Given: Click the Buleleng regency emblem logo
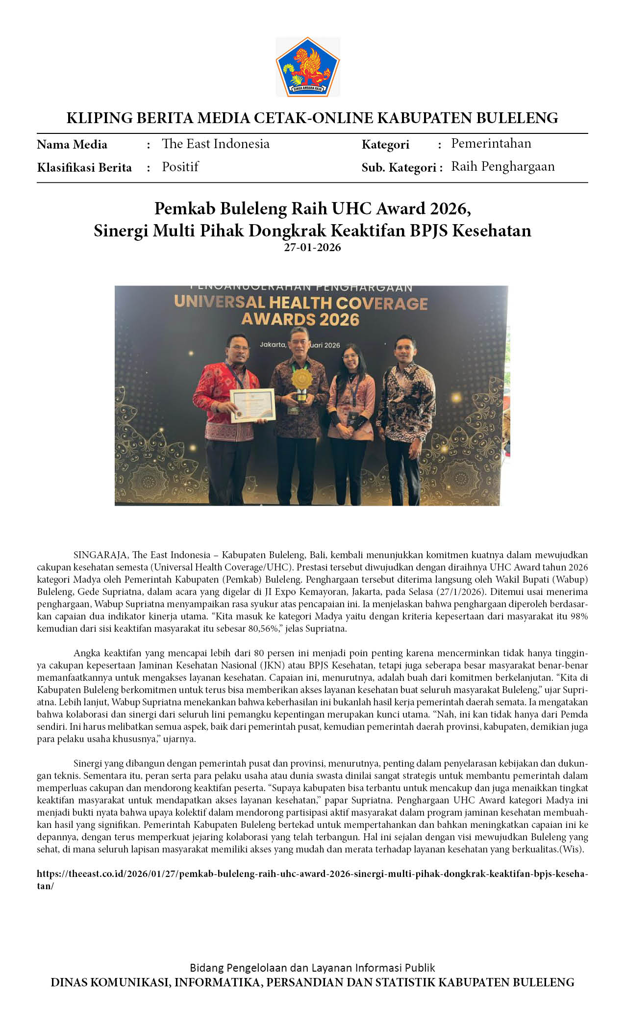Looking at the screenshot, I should pyautogui.click(x=308, y=67).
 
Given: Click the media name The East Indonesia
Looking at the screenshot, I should pyautogui.click(x=216, y=144).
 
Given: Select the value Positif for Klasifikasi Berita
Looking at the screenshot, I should pyautogui.click(x=180, y=167).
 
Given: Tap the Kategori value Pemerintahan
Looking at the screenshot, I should pyautogui.click(x=491, y=144).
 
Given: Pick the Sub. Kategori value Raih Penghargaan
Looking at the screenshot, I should pyautogui.click(x=502, y=167).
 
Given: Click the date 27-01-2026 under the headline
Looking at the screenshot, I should pyautogui.click(x=312, y=247).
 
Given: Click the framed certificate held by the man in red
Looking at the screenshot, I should pyautogui.click(x=253, y=405).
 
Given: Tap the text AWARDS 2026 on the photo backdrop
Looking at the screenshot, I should pyautogui.click(x=300, y=320).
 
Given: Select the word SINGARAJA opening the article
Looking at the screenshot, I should pyautogui.click(x=101, y=555).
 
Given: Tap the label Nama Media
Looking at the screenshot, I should pyautogui.click(x=72, y=145).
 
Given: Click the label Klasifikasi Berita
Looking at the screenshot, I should pyautogui.click(x=84, y=168).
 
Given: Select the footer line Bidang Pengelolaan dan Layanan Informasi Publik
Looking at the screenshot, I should pyautogui.click(x=312, y=968).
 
